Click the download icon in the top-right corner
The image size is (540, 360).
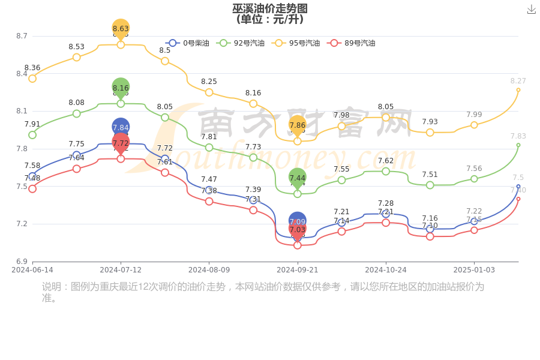coord(532,9)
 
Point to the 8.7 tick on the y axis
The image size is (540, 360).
coord(22,36)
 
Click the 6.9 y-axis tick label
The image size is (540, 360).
coord(22,262)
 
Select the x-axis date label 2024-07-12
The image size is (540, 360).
coord(121,270)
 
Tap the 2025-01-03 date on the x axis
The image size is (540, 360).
coord(474,270)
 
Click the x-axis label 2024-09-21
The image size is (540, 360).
coord(298,270)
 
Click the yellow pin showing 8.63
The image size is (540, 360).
coord(121,28)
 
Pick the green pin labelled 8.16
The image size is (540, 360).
coord(121,88)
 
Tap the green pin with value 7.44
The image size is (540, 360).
coord(298,178)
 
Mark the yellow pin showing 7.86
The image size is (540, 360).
coord(298,125)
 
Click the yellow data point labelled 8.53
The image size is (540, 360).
coord(77,58)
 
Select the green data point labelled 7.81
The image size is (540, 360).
coord(209,148)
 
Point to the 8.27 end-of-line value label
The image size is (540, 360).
coord(518,81)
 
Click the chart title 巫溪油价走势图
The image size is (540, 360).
coord(270,8)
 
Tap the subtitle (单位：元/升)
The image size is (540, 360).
coord(270,19)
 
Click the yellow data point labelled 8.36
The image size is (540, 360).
coord(32,79)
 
